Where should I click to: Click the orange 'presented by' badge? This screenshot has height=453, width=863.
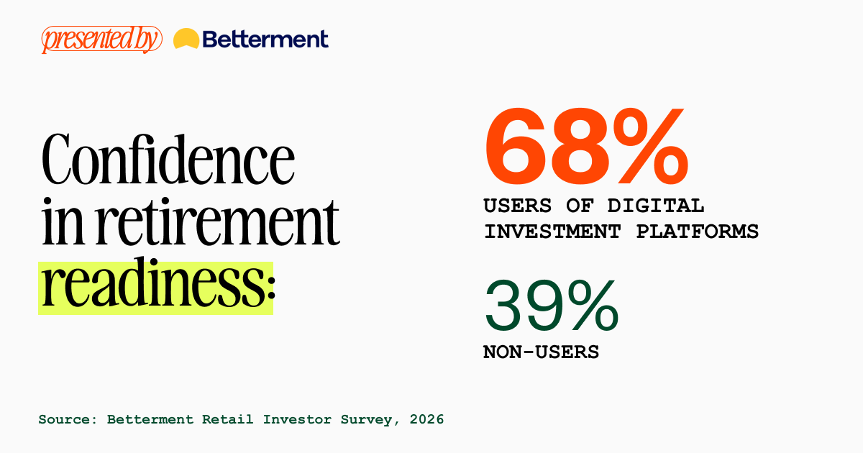click(101, 40)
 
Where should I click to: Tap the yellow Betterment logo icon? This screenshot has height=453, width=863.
click(186, 39)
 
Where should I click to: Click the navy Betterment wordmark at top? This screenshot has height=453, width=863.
click(265, 40)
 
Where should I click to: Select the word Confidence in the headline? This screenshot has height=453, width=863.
click(168, 159)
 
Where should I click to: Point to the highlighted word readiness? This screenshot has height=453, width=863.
click(152, 283)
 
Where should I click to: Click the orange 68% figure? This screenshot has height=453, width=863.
click(586, 147)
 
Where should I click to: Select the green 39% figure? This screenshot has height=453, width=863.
click(552, 306)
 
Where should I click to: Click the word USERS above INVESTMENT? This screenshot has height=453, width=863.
click(517, 206)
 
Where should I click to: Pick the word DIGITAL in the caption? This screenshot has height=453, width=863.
click(656, 206)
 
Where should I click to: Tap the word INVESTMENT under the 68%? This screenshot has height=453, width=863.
click(552, 232)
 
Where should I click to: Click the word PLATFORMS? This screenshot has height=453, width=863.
click(698, 232)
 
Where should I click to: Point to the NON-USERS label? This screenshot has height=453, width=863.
click(541, 352)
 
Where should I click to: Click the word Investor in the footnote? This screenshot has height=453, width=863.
click(297, 419)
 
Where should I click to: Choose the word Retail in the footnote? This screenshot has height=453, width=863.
click(228, 419)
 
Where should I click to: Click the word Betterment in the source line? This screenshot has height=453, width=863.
click(150, 419)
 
